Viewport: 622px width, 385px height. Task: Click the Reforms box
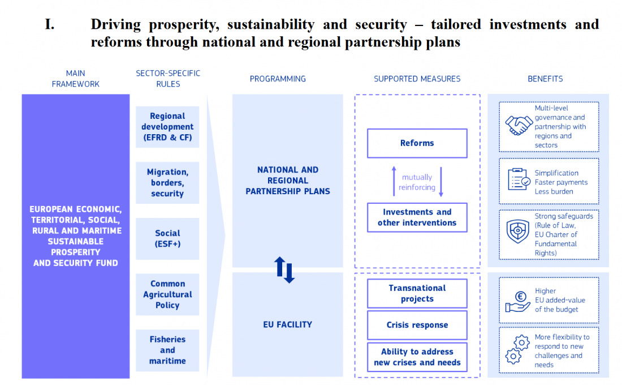pyautogui.click(x=417, y=143)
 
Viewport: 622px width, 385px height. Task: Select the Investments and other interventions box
pyautogui.click(x=417, y=217)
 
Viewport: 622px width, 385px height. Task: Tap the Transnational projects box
pyautogui.click(x=417, y=293)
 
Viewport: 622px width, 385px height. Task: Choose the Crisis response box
pyautogui.click(x=417, y=325)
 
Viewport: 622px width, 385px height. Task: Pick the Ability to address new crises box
pyautogui.click(x=417, y=357)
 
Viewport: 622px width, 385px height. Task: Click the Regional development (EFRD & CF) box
pyautogui.click(x=167, y=127)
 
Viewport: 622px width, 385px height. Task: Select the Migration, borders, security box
pyautogui.click(x=167, y=183)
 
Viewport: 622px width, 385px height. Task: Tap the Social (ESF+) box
pyautogui.click(x=167, y=238)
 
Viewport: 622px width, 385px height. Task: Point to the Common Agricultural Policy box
pyautogui.click(x=167, y=294)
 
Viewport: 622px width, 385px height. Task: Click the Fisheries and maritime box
pyautogui.click(x=167, y=350)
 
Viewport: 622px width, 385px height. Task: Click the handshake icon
pyautogui.click(x=519, y=125)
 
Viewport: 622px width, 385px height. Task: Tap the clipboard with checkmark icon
pyautogui.click(x=519, y=179)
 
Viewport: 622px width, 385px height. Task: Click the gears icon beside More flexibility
pyautogui.click(x=517, y=349)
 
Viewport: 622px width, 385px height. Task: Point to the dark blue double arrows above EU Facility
pyautogui.click(x=285, y=269)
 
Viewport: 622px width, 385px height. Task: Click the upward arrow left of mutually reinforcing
pyautogui.click(x=394, y=181)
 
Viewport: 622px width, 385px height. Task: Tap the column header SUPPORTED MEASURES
pyautogui.click(x=417, y=79)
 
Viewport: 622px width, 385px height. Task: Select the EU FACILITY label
pyautogui.click(x=287, y=324)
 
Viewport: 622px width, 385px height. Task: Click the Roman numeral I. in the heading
pyautogui.click(x=50, y=24)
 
